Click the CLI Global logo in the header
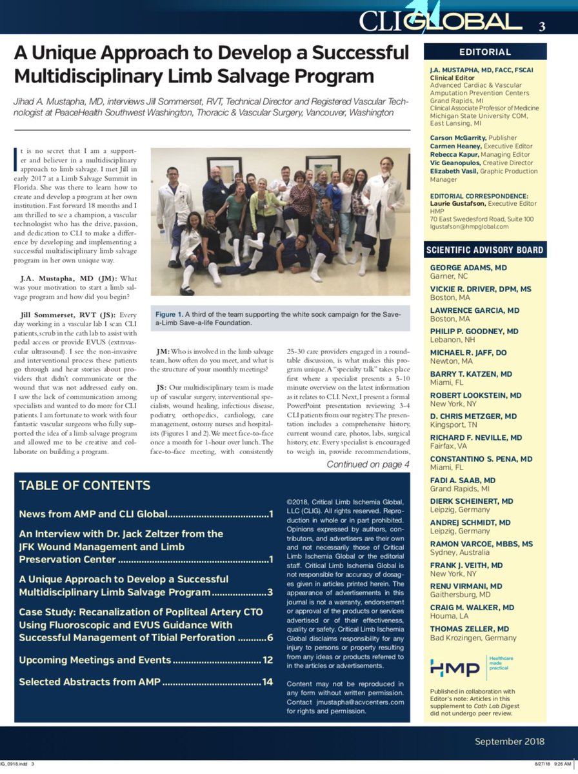441,23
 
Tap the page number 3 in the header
542,27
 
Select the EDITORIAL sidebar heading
484,52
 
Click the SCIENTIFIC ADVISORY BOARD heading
484,250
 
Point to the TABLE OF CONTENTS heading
85,486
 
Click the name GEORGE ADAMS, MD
468,267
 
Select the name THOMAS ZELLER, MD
470,629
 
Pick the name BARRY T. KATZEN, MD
471,373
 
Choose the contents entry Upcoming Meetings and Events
95,660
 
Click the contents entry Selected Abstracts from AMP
90,682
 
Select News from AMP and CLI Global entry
94,514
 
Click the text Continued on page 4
368,464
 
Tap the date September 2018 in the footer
510,741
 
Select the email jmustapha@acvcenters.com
354,702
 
